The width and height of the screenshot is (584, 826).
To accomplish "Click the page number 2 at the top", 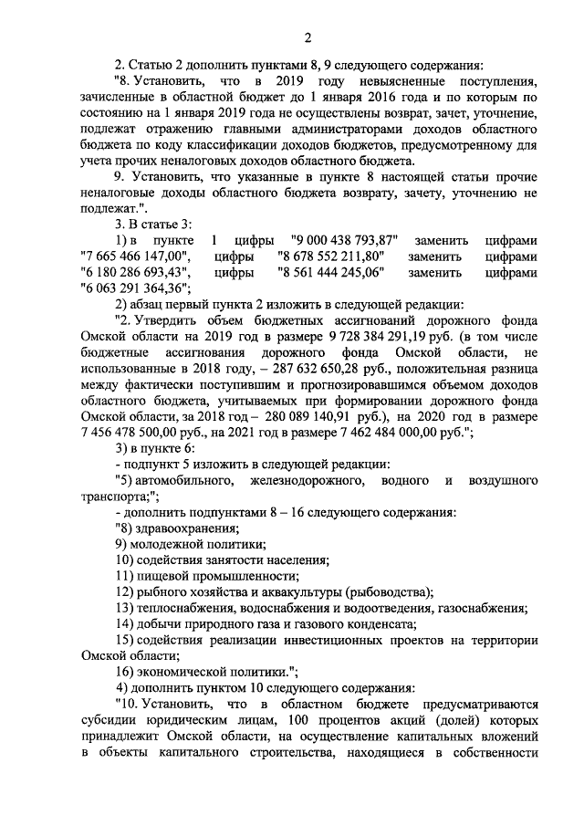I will [308, 37].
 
